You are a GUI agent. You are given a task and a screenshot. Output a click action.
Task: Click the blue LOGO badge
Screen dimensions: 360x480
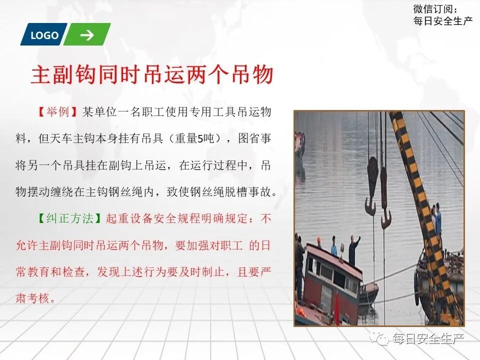[x=44, y=35]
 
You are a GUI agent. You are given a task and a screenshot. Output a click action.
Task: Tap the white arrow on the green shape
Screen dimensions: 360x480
[x=87, y=35]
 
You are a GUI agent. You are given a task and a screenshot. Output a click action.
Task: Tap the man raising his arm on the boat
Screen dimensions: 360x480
[x=354, y=250]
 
